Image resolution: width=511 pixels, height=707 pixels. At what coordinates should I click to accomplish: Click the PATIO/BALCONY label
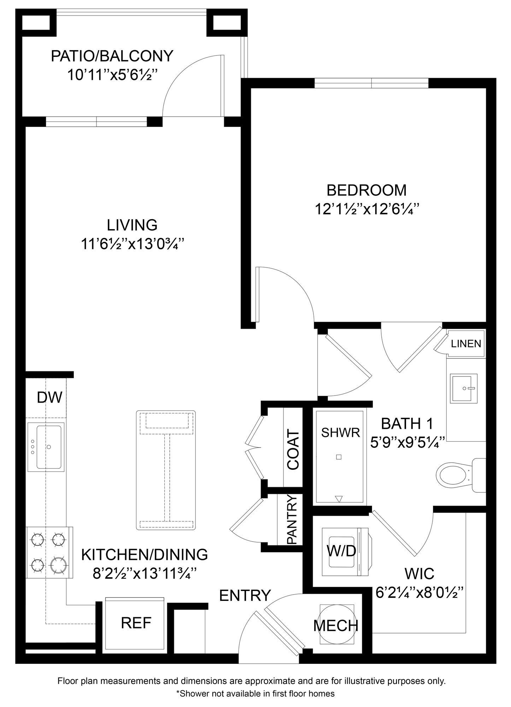point(112,56)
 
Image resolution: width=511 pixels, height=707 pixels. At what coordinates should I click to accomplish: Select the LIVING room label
point(132,225)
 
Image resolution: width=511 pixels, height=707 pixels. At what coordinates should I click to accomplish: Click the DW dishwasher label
point(49,397)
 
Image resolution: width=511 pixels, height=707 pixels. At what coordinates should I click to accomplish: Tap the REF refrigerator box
point(136,623)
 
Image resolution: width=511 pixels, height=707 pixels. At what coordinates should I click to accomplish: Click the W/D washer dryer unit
point(341,551)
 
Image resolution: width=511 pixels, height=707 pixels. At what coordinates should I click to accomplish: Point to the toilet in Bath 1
point(456,475)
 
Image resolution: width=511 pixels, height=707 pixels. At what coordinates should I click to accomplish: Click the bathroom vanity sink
point(464,388)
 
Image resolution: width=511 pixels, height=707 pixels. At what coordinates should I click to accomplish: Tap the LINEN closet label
point(466,344)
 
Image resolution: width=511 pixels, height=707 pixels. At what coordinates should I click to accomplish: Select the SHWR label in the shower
point(340,432)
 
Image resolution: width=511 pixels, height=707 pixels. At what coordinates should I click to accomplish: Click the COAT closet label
point(293,449)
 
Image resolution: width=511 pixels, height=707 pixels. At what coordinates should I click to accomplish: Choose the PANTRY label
point(292,519)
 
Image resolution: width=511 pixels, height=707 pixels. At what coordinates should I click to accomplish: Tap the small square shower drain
point(339,457)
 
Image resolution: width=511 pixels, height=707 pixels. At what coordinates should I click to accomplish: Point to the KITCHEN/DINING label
point(145,555)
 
